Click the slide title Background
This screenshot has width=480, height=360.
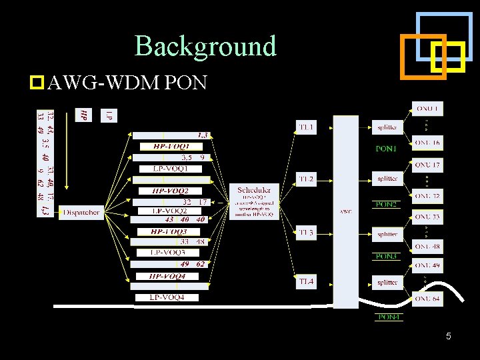(205, 46)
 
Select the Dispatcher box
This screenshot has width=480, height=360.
(82, 213)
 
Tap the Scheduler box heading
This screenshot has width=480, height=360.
(254, 190)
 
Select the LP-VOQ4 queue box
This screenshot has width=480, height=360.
(166, 297)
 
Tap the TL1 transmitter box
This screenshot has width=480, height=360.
(306, 127)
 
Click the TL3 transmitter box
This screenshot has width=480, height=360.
(306, 233)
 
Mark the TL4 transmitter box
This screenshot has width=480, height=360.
(306, 282)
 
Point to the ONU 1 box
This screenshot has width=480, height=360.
(427, 109)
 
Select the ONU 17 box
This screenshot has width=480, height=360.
(427, 165)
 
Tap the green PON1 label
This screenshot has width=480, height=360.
(386, 149)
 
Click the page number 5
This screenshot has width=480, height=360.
(449, 337)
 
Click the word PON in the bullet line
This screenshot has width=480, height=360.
(189, 83)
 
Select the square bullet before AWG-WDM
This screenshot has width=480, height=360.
(37, 83)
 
